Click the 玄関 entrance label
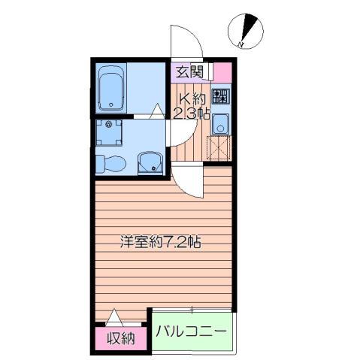pos(189,72)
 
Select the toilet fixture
pos(110,162)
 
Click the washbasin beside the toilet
pos(150,160)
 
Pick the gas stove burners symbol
pos(220,96)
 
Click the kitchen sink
pos(220,124)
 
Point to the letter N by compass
pos(241,46)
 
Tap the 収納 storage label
pos(119,337)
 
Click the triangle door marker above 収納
pos(113,317)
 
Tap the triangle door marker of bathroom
pos(156,111)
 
